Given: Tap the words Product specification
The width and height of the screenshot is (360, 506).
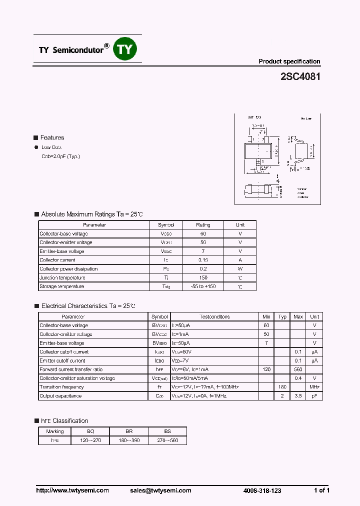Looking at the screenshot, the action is (289, 61).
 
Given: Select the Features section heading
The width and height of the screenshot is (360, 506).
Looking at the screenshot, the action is (52, 137).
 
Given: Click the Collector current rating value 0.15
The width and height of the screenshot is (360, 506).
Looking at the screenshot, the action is (203, 260).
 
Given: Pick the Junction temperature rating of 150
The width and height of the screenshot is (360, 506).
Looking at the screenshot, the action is (203, 277).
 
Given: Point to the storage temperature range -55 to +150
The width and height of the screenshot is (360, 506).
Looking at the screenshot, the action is (203, 286).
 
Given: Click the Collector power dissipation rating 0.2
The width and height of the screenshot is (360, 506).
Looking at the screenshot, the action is (203, 269).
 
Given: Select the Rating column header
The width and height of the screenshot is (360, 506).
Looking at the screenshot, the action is (203, 225).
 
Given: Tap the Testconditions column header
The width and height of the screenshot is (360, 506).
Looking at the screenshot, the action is (214, 316).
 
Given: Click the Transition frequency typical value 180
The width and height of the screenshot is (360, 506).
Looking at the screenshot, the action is (282, 387).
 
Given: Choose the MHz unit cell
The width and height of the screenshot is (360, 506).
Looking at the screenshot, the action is (314, 387).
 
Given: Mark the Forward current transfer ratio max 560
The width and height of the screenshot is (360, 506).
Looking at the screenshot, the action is (298, 369).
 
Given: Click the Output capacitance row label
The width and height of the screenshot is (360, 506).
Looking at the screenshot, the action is (60, 396).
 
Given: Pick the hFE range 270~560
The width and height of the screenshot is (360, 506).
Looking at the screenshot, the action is (167, 440).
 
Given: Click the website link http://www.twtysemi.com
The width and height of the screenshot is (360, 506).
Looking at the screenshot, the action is (72, 490).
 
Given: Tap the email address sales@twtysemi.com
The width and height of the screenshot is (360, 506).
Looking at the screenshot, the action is (160, 490).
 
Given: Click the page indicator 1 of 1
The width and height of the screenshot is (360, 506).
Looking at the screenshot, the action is (321, 490).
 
